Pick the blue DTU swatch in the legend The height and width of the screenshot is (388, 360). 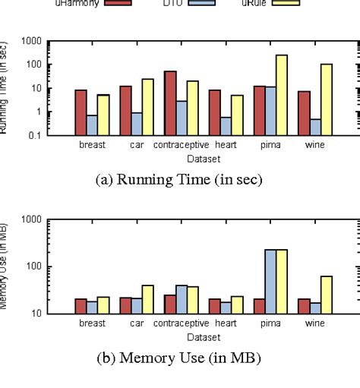200,3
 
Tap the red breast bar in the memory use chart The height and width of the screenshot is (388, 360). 81,306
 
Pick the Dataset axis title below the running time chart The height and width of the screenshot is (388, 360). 203,158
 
